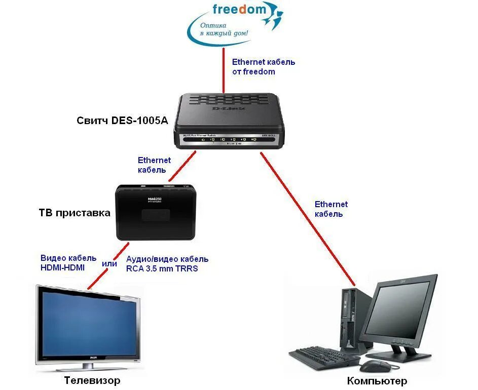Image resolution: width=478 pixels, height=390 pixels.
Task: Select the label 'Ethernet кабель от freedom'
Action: (263, 67)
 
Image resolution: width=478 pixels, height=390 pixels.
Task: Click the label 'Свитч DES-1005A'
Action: (122, 120)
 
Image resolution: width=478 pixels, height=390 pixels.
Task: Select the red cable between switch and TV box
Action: (180, 166)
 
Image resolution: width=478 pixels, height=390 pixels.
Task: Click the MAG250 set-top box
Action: (155, 212)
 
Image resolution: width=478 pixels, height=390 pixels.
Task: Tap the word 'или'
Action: (110, 263)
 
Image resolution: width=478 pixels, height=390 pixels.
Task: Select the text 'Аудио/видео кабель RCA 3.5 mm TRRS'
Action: (167, 264)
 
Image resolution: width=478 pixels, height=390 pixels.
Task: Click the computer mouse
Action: (376, 366)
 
